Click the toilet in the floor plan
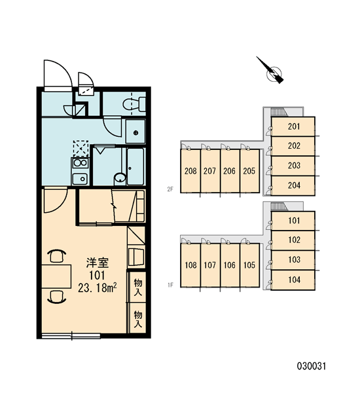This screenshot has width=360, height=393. (x=134, y=104)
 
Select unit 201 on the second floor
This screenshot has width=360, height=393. (x=293, y=126)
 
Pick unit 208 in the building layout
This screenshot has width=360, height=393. (x=190, y=171)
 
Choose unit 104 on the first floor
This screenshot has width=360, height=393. (x=293, y=280)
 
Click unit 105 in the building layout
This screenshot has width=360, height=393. (x=249, y=265)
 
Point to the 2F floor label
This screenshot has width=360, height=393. (x=170, y=189)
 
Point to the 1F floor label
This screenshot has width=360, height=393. (x=170, y=285)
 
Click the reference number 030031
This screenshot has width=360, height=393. (x=312, y=366)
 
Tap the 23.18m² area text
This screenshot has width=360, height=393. (x=98, y=288)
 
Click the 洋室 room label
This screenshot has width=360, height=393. (x=98, y=263)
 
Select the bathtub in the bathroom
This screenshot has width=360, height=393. (x=135, y=166)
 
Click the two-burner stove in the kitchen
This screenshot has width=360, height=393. (x=80, y=163)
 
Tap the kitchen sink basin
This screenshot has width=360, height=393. (x=80, y=179)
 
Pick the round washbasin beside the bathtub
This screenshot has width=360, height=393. (x=120, y=178)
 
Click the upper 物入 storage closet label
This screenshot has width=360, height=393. (x=138, y=288)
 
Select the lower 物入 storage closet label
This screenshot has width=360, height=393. (x=138, y=319)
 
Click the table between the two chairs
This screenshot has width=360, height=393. (x=56, y=276)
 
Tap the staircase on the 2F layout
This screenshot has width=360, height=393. (x=279, y=112)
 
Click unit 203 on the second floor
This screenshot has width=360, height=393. (x=293, y=166)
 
